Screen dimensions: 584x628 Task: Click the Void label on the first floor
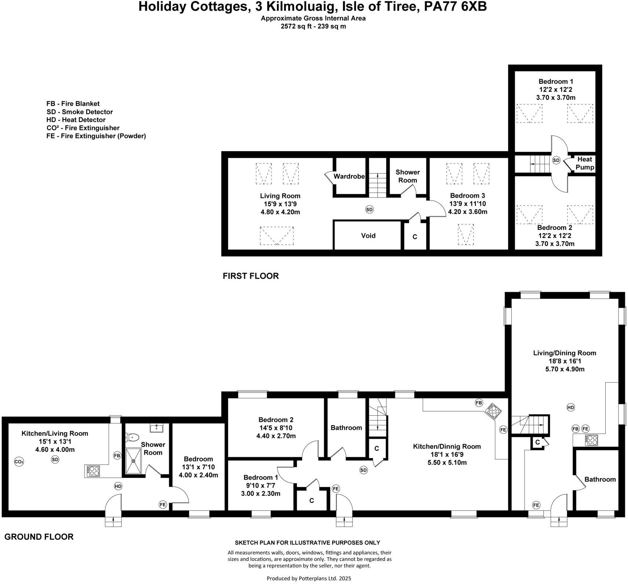pos(368,236)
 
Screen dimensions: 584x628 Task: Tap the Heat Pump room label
pos(584,163)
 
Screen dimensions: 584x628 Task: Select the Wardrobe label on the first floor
pos(349,176)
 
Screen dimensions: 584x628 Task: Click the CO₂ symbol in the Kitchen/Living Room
pos(19,462)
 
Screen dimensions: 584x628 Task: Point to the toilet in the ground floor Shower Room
pos(132,437)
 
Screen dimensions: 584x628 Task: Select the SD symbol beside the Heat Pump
pos(556,160)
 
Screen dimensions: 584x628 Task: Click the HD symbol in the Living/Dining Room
pos(570,407)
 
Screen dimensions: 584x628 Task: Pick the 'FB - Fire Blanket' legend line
pos(73,104)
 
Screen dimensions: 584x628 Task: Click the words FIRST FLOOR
pos(251,276)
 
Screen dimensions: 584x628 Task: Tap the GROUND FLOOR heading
pos(39,537)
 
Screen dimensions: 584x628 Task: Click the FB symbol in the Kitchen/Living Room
pos(117,456)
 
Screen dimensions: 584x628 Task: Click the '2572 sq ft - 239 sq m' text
pos(313,26)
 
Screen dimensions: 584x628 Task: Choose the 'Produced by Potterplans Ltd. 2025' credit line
pos(308,578)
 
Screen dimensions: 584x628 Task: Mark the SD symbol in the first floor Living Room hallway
pos(369,209)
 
